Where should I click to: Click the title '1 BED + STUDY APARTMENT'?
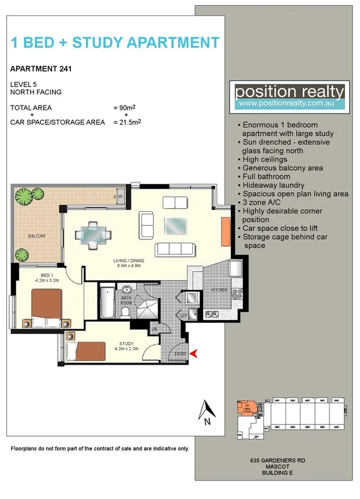(x=115, y=42)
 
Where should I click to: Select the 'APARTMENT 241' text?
(x=41, y=70)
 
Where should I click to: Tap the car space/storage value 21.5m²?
(x=127, y=122)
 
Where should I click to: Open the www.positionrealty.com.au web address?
(x=290, y=104)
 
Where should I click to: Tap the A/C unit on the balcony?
(x=120, y=197)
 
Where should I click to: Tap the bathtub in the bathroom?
(x=107, y=303)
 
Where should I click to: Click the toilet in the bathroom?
(x=125, y=312)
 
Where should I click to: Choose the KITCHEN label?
(x=219, y=290)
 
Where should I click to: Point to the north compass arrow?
(x=206, y=412)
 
